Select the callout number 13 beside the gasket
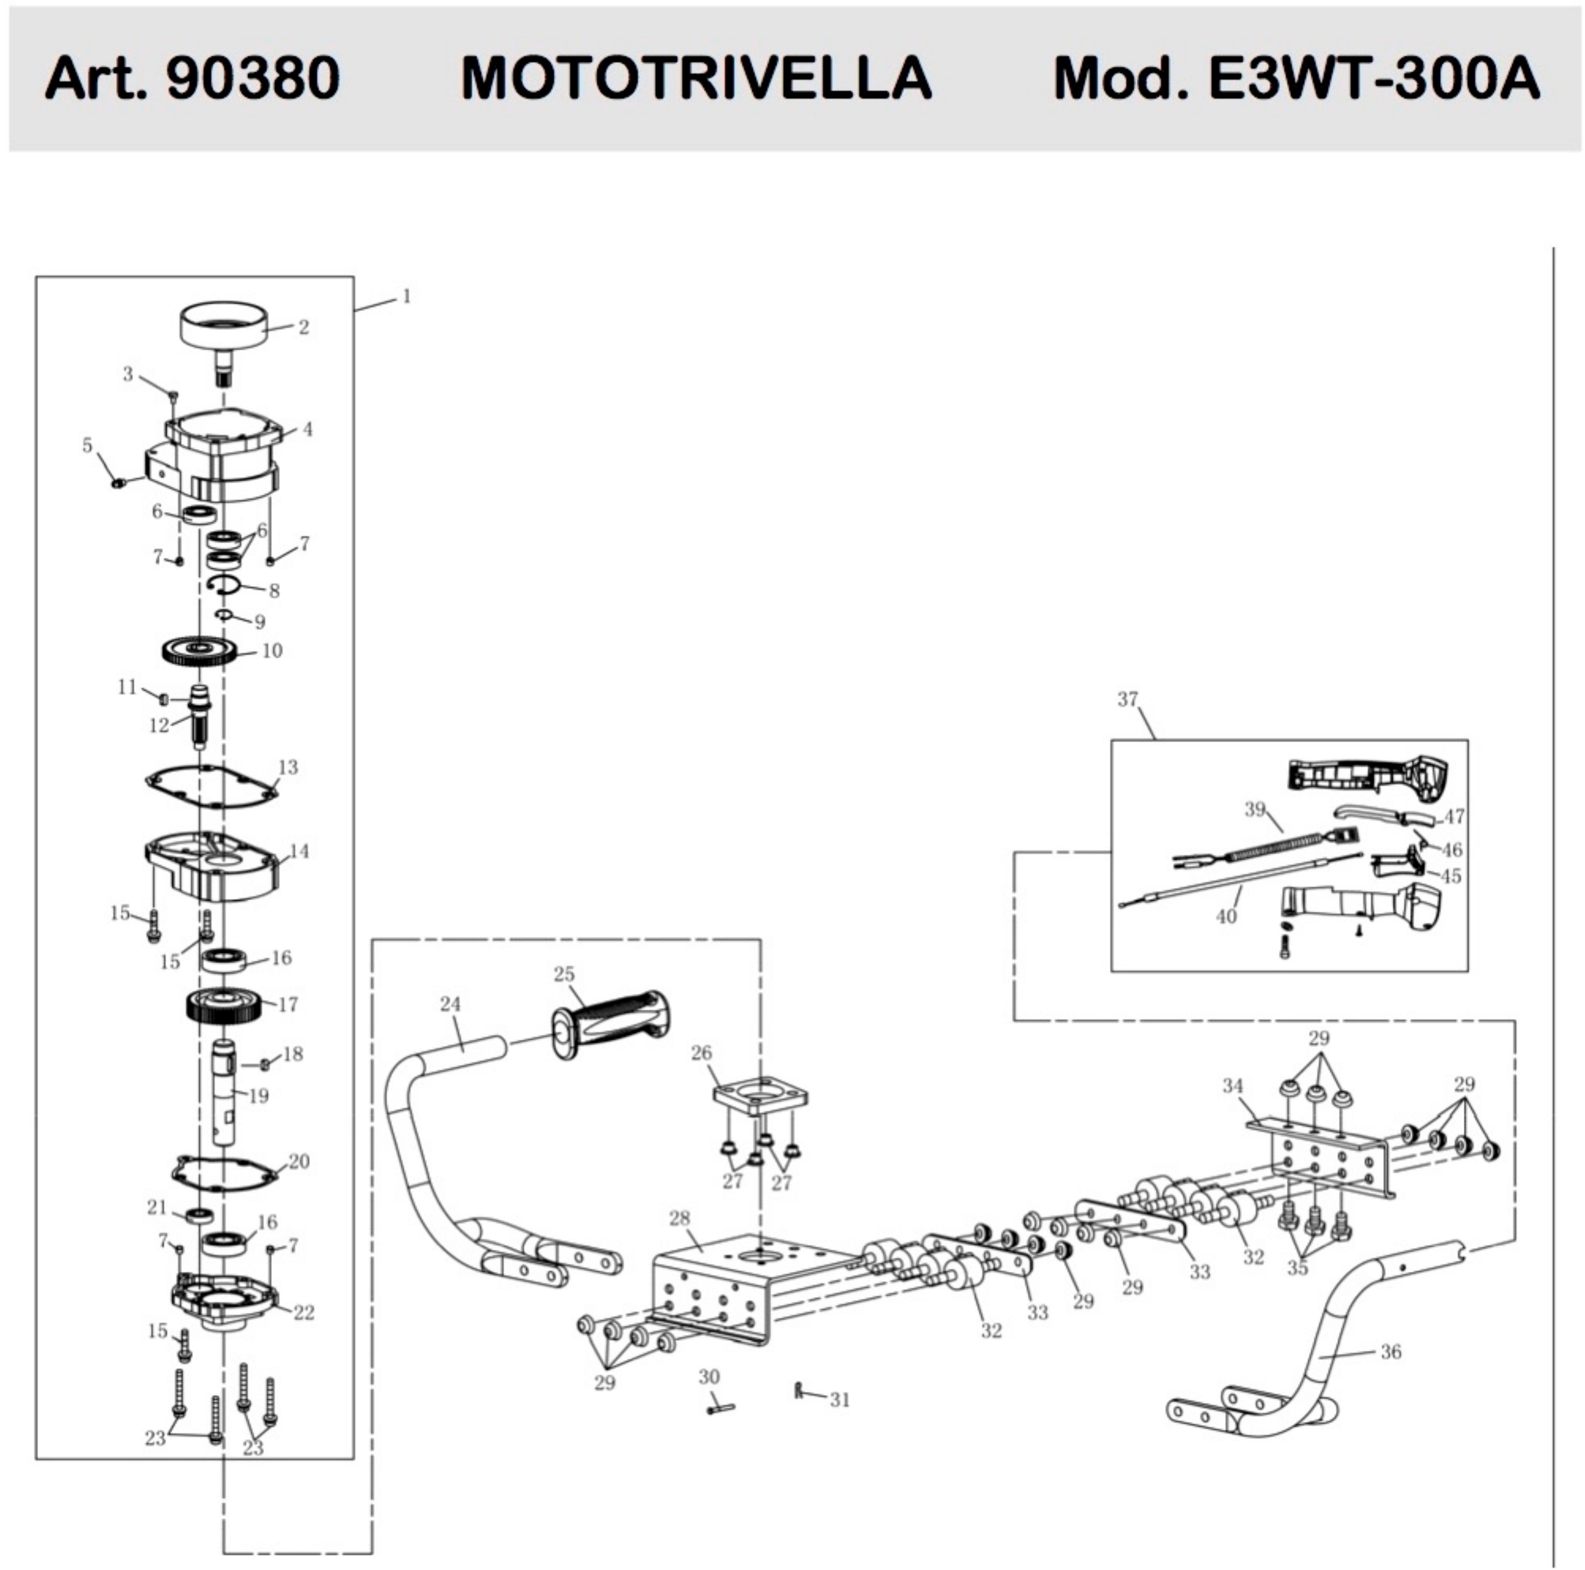coord(288,767)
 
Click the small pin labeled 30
coord(719,1409)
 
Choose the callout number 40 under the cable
coord(1226,915)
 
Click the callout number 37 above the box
coord(1128,699)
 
